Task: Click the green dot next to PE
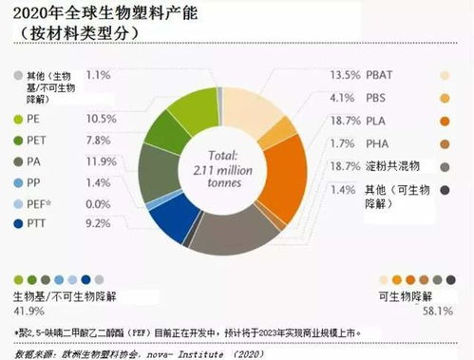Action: (19, 120)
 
